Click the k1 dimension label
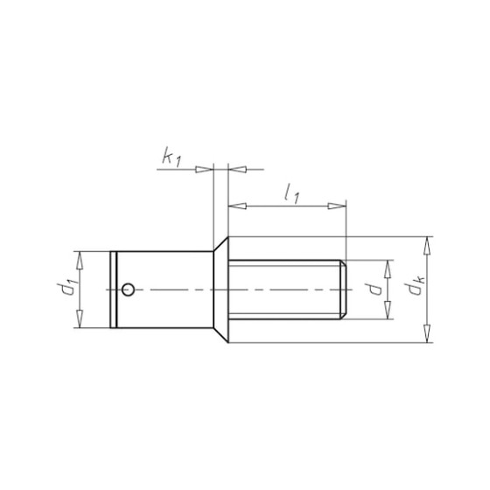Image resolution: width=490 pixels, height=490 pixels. point(171,157)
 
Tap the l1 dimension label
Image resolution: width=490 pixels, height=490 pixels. point(292,194)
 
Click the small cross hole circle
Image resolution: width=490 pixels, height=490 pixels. point(128,290)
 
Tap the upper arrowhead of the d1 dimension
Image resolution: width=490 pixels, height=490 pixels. point(80,260)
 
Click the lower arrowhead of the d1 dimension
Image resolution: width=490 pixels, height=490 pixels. point(80,318)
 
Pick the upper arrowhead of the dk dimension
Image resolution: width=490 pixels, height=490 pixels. point(427,246)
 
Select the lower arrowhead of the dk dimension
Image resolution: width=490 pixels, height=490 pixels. point(427,333)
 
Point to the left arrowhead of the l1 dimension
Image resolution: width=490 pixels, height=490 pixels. point(237,206)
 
